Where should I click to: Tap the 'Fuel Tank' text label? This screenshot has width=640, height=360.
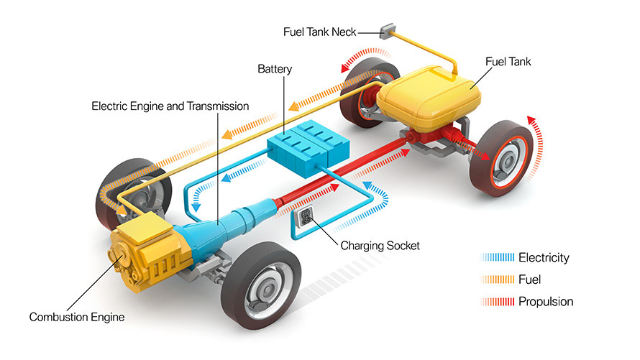point(508,63)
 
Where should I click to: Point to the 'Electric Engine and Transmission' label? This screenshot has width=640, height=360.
point(170,106)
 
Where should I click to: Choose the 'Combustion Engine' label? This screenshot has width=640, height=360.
point(77,317)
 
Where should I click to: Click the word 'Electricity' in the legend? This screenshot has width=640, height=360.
point(544,257)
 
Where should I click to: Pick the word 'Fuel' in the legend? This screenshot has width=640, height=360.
point(529,279)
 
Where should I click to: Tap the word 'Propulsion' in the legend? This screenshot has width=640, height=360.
point(546,301)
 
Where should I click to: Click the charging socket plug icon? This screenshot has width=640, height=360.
point(305,216)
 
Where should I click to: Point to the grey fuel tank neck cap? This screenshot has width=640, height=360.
point(386,31)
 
